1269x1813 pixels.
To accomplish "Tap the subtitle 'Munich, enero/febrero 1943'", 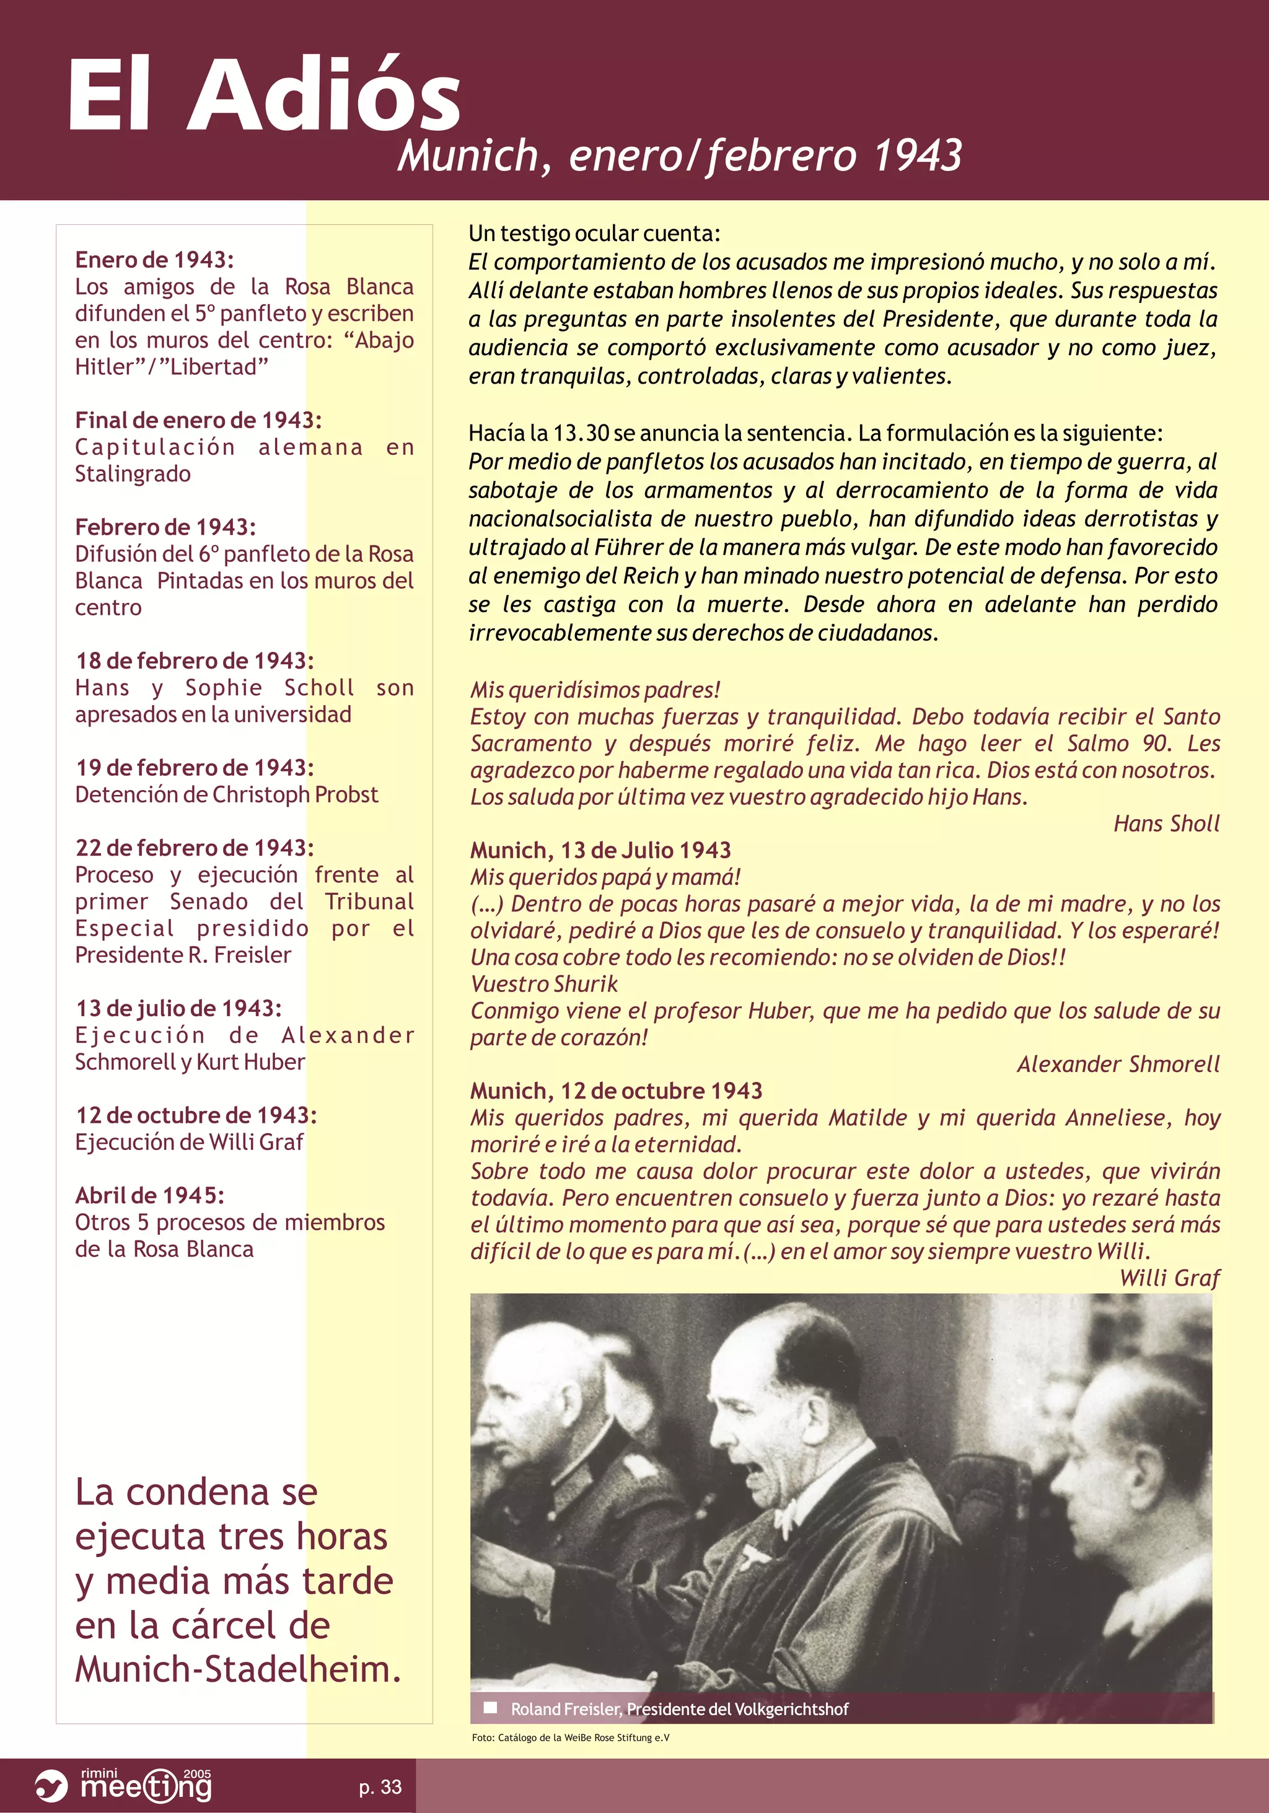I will (x=680, y=156).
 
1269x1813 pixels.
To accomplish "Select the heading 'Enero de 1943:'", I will (x=154, y=260).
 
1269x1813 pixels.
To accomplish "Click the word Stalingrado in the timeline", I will (x=133, y=474).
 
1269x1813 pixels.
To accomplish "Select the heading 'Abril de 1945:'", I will (x=149, y=1195).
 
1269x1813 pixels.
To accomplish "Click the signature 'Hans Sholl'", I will (x=1166, y=823).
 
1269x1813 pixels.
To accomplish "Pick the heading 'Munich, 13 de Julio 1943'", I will (x=600, y=851).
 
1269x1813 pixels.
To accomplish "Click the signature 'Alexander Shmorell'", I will (x=1117, y=1065).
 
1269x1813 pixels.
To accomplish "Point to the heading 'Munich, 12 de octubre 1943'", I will (x=616, y=1091).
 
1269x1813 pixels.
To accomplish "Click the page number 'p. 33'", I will (x=380, y=1786).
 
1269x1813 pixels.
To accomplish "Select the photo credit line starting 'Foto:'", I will (x=570, y=1737).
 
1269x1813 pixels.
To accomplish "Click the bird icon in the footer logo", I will (x=52, y=1786).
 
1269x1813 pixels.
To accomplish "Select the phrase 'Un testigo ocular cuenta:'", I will (x=594, y=234).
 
